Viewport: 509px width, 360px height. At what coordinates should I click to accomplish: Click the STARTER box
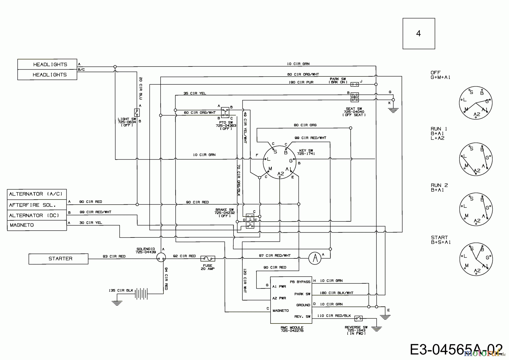pyautogui.click(x=58, y=259)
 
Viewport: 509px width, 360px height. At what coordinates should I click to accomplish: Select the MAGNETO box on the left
pyautogui.click(x=37, y=225)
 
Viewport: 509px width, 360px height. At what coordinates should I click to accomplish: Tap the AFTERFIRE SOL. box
pyautogui.click(x=37, y=205)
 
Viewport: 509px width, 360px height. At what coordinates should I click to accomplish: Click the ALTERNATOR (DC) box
pyautogui.click(x=37, y=215)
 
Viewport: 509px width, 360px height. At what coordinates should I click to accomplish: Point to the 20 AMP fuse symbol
pyautogui.click(x=208, y=258)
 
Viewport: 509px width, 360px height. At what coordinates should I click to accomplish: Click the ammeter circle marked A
pyautogui.click(x=315, y=258)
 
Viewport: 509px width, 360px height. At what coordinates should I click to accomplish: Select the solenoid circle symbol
pyautogui.click(x=161, y=257)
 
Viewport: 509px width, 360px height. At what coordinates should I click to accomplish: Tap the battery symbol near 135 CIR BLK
pyautogui.click(x=141, y=294)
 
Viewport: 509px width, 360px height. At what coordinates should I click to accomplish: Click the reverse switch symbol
pyautogui.click(x=358, y=318)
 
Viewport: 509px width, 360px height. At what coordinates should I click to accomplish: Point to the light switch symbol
pyautogui.click(x=137, y=113)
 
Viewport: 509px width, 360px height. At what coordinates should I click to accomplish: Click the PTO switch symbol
pyautogui.click(x=225, y=112)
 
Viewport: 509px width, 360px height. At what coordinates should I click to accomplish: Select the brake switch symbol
pyautogui.click(x=250, y=221)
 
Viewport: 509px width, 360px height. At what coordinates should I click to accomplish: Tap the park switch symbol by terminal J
pyautogui.click(x=355, y=84)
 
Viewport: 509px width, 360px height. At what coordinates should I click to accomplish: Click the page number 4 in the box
pyautogui.click(x=419, y=33)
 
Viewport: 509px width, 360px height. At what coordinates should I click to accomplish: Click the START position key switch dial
pyautogui.click(x=476, y=259)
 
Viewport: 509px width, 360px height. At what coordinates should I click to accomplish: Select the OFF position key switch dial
pyautogui.click(x=476, y=103)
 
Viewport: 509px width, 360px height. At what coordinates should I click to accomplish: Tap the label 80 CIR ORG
pyautogui.click(x=305, y=125)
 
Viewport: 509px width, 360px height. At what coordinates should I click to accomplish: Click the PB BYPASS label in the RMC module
pyautogui.click(x=300, y=282)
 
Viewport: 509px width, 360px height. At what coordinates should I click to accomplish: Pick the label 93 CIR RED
pyautogui.click(x=114, y=256)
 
